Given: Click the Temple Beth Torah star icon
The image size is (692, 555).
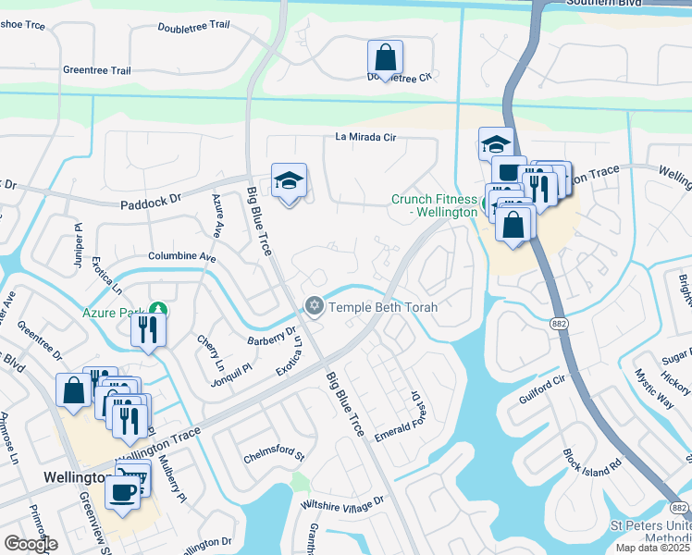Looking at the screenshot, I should point(315,305).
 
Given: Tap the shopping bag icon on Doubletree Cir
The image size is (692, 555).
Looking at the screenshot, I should point(385,57).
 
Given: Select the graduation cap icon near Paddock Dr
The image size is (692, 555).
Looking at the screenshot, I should point(290,182).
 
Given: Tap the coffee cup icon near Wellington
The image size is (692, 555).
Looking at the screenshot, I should point(123,491).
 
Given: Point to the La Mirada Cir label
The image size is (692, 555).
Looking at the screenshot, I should point(365,138).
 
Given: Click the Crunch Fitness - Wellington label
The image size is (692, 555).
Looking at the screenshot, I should point(434,205).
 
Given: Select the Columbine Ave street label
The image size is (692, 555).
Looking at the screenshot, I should point(181,257).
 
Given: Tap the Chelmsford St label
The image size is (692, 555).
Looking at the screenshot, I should point(273,455).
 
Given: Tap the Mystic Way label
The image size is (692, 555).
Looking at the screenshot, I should point(653,392).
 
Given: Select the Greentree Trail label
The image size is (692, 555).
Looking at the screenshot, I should point(97,70).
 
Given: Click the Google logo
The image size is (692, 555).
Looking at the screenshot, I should point(31,544).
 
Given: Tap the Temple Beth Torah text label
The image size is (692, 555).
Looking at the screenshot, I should point(383,306).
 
